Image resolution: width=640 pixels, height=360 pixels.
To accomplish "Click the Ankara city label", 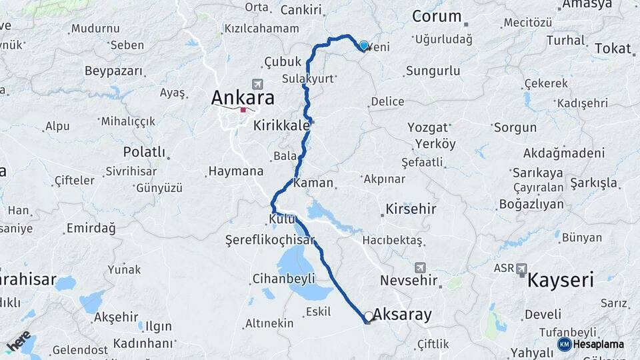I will click(x=243, y=97).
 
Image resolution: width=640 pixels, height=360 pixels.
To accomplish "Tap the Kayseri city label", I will click(x=560, y=280).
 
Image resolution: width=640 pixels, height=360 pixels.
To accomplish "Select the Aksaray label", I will click(x=402, y=314).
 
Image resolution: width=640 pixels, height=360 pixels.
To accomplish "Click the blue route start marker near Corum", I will click(x=363, y=45).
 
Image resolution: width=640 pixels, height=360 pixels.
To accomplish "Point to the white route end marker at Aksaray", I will click(x=369, y=316).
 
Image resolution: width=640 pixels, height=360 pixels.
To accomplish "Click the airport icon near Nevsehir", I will click(x=419, y=267).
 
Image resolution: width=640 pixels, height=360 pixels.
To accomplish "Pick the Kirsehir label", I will click(x=411, y=209).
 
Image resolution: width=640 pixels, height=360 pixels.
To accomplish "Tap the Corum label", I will click(x=437, y=16).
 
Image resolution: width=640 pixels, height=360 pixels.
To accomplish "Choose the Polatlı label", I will click(x=145, y=152).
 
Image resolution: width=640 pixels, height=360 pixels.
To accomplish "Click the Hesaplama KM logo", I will click(x=591, y=344).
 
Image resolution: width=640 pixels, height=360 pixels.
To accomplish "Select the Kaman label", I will click(x=308, y=182).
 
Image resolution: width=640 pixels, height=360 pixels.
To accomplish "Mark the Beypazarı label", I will click(x=114, y=71).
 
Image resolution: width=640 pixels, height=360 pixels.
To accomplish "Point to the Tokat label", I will click(x=612, y=48).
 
